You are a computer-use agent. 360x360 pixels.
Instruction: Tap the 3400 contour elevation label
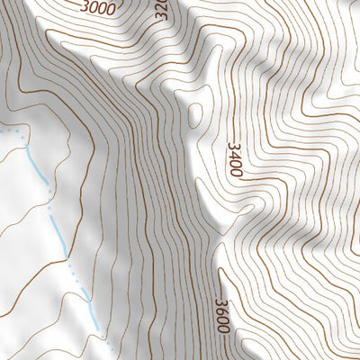236,159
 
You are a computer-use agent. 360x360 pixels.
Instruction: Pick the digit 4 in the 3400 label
236,154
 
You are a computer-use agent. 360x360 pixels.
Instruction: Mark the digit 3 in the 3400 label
235,145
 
